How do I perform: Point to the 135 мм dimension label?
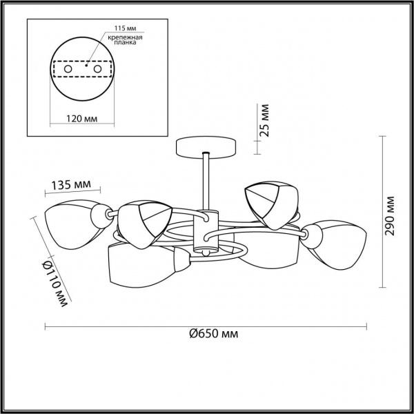pos(72,185)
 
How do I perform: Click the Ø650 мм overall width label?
pos(214,334)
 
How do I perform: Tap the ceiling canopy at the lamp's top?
pos(206,146)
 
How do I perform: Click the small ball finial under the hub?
pos(206,254)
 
